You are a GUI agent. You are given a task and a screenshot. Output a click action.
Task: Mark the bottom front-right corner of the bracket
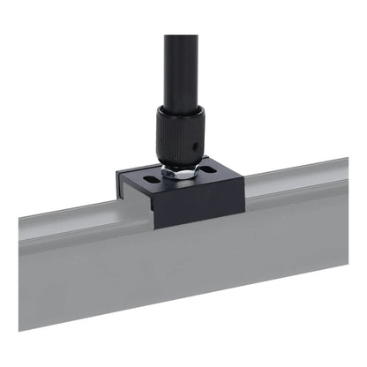[244, 212]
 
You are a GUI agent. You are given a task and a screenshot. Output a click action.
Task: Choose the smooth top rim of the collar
[181, 111]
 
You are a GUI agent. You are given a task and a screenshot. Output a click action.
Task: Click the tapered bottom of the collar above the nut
[181, 161]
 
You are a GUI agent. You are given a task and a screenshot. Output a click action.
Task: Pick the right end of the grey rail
[344, 203]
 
